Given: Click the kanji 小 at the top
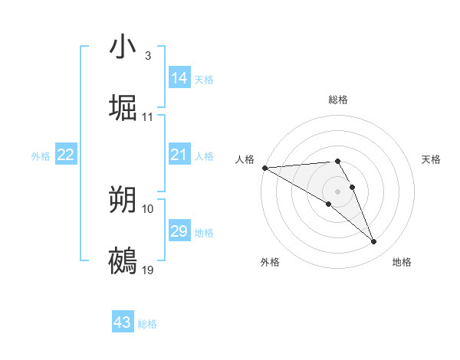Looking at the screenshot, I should point(123,47).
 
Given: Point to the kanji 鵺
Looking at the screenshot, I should point(123,261).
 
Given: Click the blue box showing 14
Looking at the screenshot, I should point(179,78).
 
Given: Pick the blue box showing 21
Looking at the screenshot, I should point(179,155).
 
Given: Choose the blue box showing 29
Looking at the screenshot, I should point(179,231).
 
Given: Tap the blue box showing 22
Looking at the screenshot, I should point(66,155).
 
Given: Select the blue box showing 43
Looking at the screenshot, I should point(123,322).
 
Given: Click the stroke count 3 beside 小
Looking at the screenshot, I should point(147,56).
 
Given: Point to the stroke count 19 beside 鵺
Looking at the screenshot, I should point(148,270).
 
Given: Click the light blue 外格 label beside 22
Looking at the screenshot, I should point(41,155).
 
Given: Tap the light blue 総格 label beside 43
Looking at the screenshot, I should point(147,324).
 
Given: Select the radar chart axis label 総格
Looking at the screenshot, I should point(338,100).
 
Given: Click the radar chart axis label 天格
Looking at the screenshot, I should point(432,159).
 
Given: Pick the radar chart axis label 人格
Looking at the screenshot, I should point(245,159).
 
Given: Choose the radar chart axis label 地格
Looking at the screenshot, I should point(402,262).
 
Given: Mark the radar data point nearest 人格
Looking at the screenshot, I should point(264,167).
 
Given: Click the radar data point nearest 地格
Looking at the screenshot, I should point(374,242).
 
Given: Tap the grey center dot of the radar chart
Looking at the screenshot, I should point(338,191).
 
